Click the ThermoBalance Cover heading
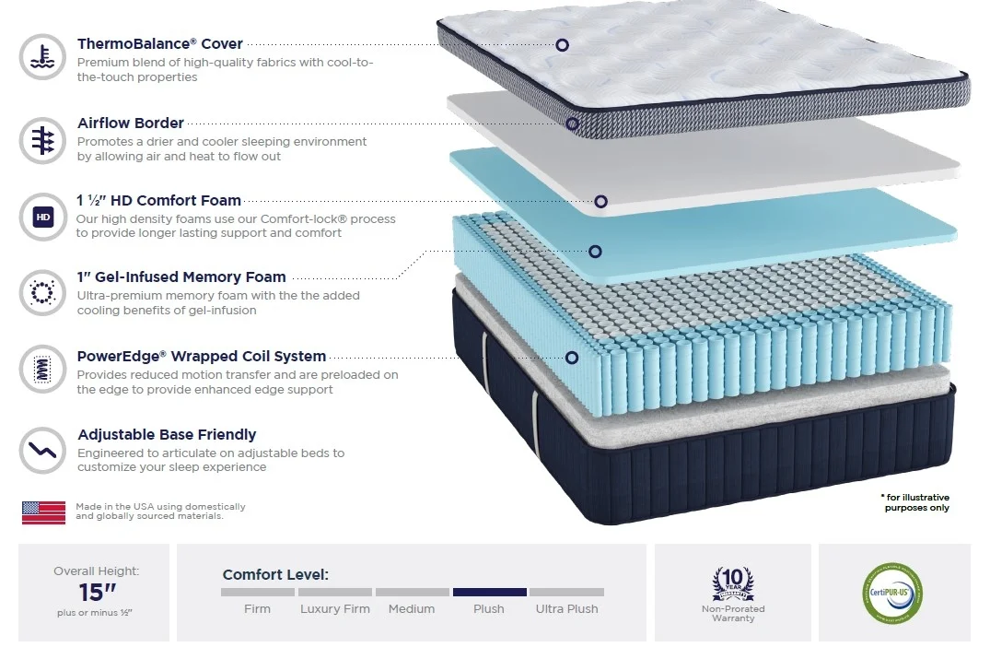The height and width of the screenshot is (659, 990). pos(159,43)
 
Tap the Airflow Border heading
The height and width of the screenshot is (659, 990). pos(131,123)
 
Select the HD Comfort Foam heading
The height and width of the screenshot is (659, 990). pos(158,200)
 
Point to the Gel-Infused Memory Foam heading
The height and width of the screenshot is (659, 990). pos(181,277)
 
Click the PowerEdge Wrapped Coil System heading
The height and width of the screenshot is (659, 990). pos(202,356)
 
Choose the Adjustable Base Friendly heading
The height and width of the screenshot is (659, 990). pos(167,434)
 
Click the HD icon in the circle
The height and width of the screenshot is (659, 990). pos(43,217)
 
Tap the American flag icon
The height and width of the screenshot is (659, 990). pos(43,512)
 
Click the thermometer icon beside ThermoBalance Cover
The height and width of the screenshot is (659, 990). pos(42,57)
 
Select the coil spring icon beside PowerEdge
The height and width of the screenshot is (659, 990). pos(42,369)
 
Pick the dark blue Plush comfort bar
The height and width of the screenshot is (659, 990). pos(489,592)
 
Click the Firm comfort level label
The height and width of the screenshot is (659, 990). pos(257,608)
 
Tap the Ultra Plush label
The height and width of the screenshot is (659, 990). pos(567,608)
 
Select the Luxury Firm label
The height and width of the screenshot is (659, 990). pos(335,608)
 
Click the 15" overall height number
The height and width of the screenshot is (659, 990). pos(98,592)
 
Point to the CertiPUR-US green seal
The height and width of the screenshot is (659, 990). pos(892,593)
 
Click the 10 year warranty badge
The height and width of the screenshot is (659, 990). pos(733,583)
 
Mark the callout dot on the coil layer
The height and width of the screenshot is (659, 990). pos(571,358)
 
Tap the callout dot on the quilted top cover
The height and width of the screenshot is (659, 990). pos(562,45)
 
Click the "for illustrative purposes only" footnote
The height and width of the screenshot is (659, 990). pos(915,502)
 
